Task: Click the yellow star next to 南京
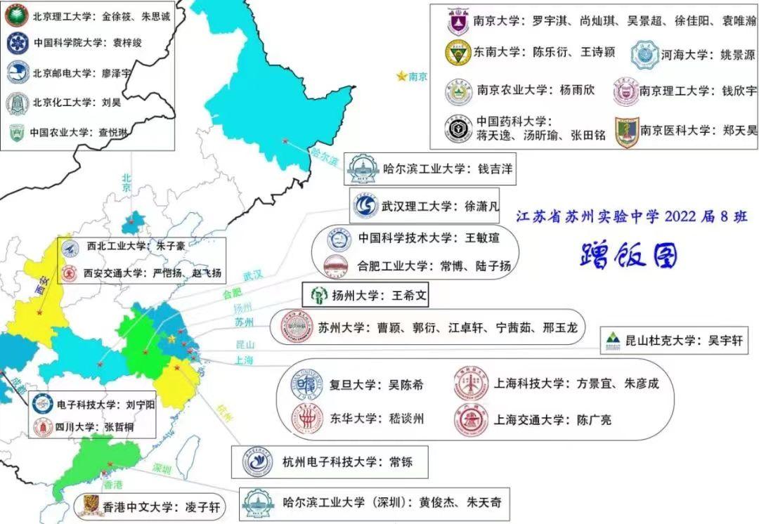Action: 401,76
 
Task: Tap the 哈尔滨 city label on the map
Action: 325,156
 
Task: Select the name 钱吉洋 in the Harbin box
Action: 496,169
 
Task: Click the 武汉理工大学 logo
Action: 364,207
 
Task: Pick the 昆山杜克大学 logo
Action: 614,341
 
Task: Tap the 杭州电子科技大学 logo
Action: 257,461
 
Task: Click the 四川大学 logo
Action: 44,426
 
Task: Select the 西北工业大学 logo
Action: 70,248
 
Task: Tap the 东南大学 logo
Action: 458,53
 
